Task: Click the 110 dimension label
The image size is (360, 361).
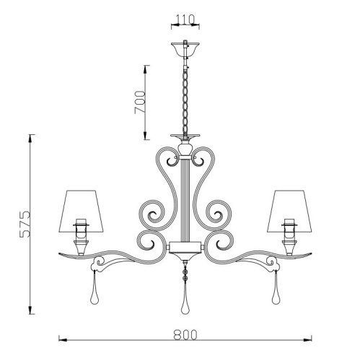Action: coord(185,19)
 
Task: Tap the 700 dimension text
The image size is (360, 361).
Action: coord(140,102)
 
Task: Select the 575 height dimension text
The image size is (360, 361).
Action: coord(25,225)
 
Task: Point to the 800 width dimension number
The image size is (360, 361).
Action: coord(185,334)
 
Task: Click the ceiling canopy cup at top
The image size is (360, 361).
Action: coord(185,49)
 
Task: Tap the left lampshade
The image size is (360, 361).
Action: coord(81,212)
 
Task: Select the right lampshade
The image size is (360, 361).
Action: coord(289,212)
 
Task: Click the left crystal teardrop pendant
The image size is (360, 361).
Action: coord(94,290)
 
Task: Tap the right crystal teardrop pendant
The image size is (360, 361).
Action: coord(276,290)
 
